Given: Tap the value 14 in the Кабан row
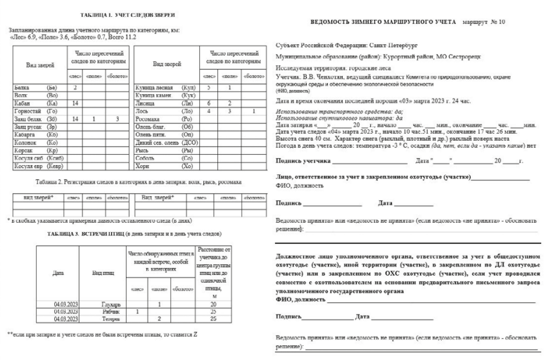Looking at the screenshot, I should coord(75,103).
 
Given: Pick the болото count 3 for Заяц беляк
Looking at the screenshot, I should coord(118,119).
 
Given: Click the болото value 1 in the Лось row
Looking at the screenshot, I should coord(253,111).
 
